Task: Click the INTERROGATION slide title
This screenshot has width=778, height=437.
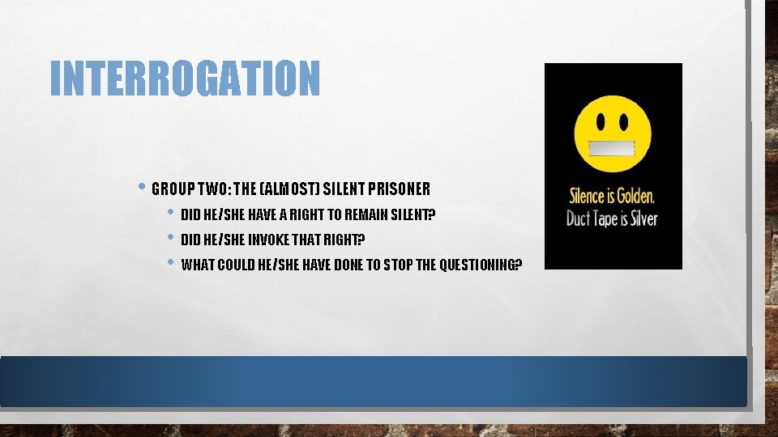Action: (x=185, y=78)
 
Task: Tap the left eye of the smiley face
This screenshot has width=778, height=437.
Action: (x=602, y=123)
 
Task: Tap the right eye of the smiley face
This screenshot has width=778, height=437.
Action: (x=625, y=123)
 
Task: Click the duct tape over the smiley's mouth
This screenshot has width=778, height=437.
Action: (x=613, y=148)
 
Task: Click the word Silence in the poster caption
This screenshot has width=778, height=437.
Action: (x=589, y=197)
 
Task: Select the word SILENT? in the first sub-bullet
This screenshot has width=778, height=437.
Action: (x=414, y=215)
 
